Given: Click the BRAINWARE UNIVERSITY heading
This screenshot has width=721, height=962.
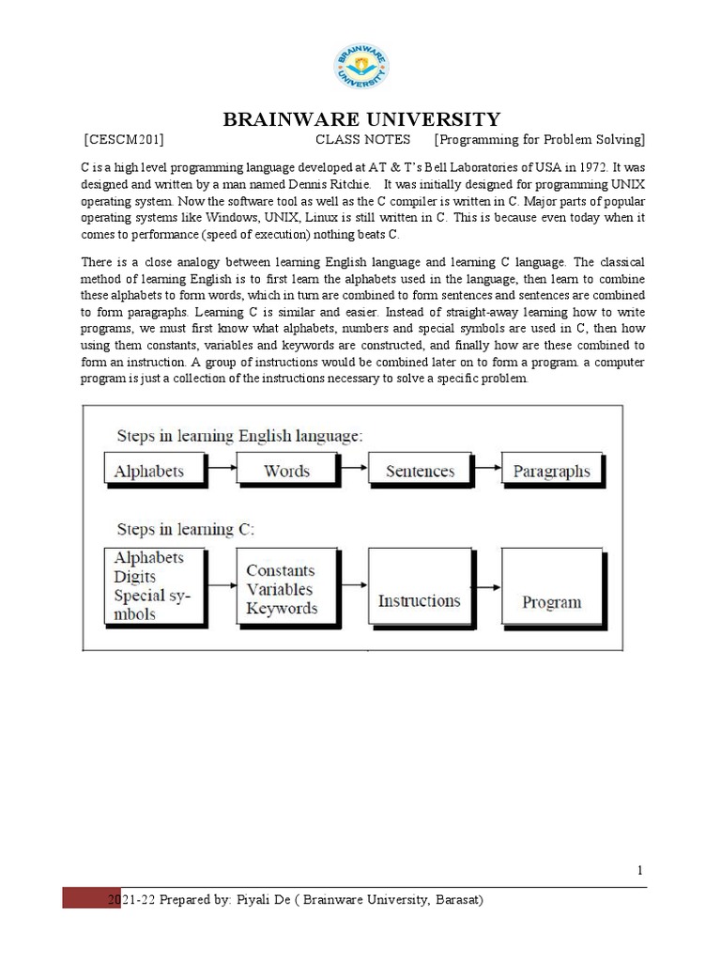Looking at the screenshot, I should (x=360, y=119).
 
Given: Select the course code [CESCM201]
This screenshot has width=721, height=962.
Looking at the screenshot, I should (x=124, y=140).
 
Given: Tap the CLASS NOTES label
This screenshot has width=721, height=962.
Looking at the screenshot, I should (x=362, y=140).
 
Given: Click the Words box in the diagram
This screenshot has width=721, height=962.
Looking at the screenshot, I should (x=286, y=471).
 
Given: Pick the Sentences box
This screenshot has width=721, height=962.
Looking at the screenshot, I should (x=420, y=471).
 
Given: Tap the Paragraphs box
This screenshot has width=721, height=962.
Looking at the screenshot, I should (x=551, y=471).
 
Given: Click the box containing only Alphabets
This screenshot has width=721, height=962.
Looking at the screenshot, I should (x=149, y=471).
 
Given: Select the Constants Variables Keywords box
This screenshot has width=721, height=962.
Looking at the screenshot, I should (x=282, y=590).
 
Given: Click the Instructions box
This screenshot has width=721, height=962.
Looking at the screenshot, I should (x=419, y=600).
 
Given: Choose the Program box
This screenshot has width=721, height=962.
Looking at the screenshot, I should (x=551, y=601).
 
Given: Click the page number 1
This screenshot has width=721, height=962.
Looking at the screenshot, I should (x=640, y=871).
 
